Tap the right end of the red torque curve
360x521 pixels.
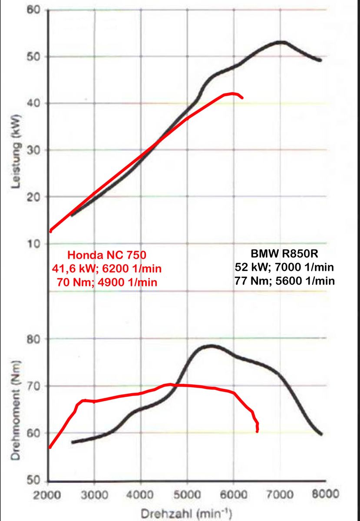[x=257, y=431]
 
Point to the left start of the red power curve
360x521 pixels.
[x=51, y=231]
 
